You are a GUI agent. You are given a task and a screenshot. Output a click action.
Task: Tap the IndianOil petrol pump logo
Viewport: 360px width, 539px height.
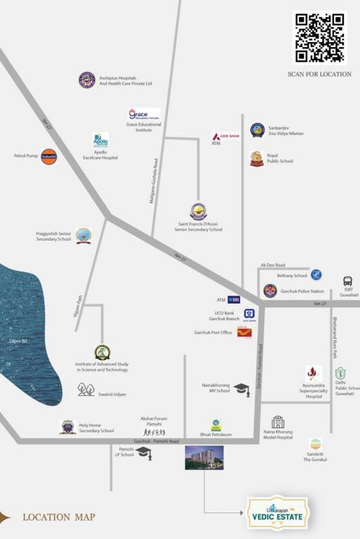click(48, 156)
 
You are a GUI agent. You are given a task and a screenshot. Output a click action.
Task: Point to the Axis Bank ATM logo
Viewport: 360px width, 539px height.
click(226, 135)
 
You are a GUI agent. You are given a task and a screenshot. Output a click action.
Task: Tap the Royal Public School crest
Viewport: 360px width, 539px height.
click(257, 159)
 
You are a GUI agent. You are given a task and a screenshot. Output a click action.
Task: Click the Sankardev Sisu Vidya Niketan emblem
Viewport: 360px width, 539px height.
click(258, 130)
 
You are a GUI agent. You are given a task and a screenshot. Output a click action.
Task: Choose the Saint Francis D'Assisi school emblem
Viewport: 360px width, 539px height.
click(199, 211)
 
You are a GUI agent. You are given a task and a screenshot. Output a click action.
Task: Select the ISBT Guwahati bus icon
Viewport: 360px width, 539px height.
click(348, 281)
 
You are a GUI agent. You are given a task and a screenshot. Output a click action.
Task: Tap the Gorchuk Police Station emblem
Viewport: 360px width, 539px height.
click(270, 291)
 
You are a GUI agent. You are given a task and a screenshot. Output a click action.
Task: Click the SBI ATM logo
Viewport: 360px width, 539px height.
click(234, 300)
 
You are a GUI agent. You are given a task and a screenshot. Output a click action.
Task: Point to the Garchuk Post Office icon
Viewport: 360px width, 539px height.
click(244, 332)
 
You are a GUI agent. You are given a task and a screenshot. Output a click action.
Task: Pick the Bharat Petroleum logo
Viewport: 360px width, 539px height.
click(216, 425)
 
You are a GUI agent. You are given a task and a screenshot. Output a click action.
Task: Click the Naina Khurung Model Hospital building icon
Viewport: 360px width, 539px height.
click(278, 422)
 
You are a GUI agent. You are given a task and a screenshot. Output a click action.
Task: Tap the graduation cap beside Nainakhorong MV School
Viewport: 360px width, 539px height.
click(241, 389)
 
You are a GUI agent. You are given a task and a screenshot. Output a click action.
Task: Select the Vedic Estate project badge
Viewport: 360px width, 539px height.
click(276, 513)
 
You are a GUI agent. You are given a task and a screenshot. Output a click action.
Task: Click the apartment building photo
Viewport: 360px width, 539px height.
click(204, 458)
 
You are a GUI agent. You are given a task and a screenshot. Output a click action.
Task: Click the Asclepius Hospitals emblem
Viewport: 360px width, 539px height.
click(86, 80)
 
